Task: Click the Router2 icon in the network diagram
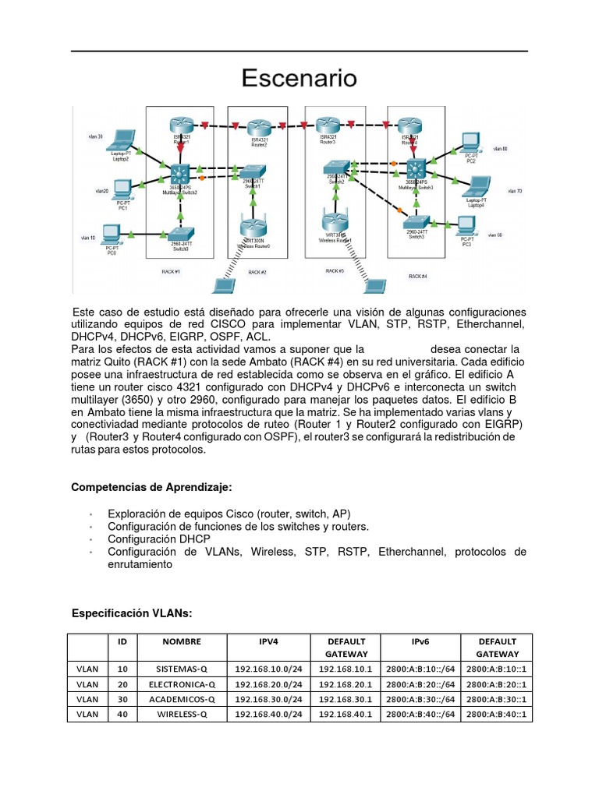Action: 258,127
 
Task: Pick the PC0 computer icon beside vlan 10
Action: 112,233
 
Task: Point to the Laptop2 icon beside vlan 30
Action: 120,141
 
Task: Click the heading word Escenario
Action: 299,79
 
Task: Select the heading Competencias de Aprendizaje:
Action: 151,487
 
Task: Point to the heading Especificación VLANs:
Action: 131,613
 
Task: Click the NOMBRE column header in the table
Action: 182,642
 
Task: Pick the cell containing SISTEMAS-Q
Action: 182,669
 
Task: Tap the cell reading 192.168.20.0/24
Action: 268,684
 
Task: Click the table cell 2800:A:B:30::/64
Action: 420,699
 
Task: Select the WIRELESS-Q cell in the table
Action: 182,714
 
